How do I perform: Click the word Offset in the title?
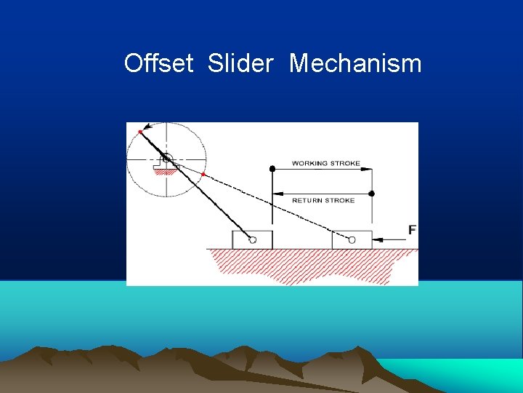pos(158,63)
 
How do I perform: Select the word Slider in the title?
pos(240,63)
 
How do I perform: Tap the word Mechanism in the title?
pos(355,63)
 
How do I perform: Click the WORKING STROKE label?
pos(325,163)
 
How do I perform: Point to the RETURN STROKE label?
pos(323,200)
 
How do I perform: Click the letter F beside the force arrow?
pos(412,230)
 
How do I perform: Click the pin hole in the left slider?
pos(252,239)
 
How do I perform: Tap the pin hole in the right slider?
pos(352,239)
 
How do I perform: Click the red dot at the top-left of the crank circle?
pos(140,131)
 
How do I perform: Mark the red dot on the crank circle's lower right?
pos(203,175)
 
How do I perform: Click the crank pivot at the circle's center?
pos(166,158)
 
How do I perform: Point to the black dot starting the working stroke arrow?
pos(272,169)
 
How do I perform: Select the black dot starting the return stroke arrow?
pos(372,194)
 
